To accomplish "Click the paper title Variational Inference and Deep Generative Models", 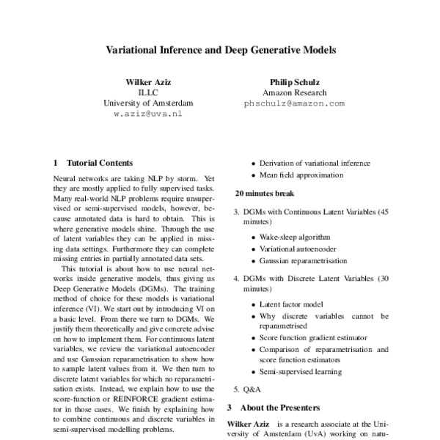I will [x=220, y=51].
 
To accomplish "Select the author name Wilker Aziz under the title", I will [x=148, y=83].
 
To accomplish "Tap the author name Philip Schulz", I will [x=293, y=83].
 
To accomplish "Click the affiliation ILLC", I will [x=148, y=93].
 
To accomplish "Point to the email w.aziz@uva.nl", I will [x=148, y=114].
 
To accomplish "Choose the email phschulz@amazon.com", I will [x=293, y=104].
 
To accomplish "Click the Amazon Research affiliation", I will [x=293, y=93].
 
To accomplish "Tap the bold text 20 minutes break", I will [x=264, y=194].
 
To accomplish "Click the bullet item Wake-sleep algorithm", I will [x=295, y=238].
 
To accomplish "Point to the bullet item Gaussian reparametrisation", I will [x=304, y=261].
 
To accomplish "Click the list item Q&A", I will [x=252, y=389].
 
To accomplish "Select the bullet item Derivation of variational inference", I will [x=315, y=164].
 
